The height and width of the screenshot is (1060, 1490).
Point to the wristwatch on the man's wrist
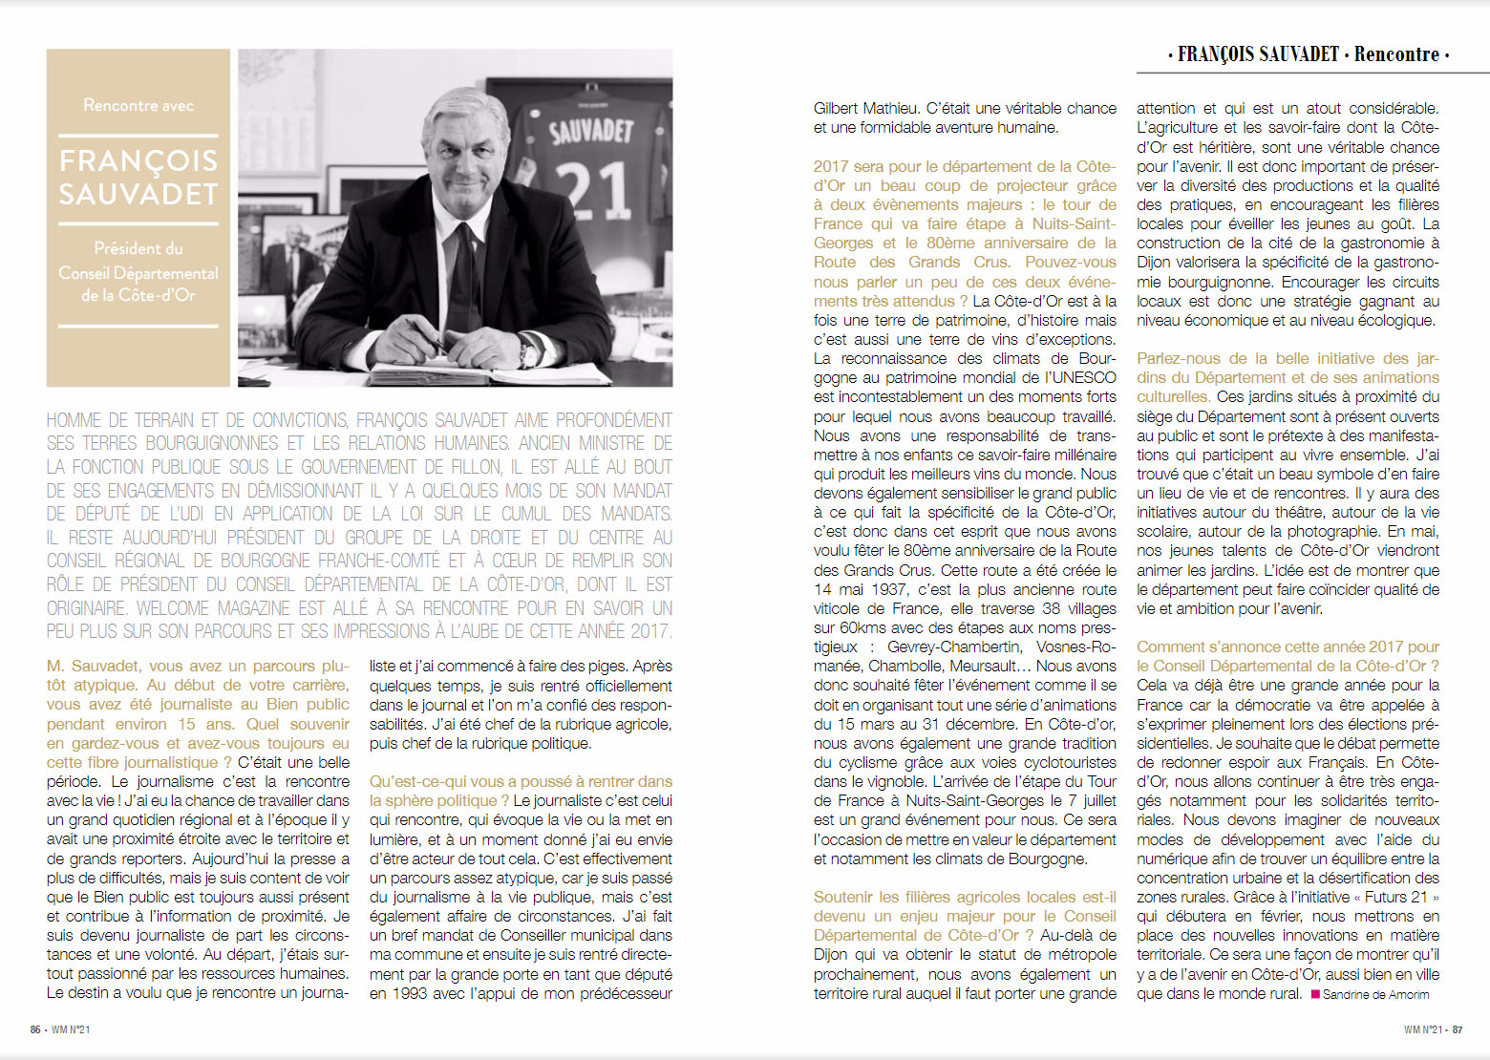(528, 354)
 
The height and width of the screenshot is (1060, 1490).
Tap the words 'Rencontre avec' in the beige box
(138, 105)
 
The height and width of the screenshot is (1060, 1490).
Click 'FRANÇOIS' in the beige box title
(138, 160)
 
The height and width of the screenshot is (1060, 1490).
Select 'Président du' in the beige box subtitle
(138, 248)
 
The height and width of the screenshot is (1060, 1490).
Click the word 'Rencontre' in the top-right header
(1396, 54)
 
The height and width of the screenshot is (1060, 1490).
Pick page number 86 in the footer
(35, 1029)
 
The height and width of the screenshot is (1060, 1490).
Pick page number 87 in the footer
(1458, 1029)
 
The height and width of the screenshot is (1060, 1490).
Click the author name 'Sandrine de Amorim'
(1375, 994)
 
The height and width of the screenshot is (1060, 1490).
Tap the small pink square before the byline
(1315, 994)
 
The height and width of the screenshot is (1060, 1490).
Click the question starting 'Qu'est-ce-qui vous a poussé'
(521, 781)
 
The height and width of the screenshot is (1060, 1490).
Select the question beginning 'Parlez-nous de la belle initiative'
(1288, 359)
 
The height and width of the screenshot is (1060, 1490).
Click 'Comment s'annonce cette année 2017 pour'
(1288, 647)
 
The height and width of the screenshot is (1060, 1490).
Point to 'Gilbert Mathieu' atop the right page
(864, 109)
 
